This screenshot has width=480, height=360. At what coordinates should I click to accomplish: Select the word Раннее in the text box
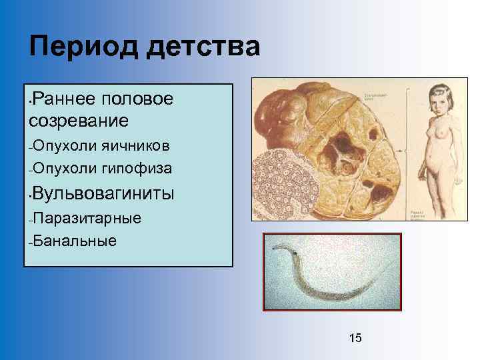point(65,99)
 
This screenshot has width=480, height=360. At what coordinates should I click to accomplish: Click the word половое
point(138,99)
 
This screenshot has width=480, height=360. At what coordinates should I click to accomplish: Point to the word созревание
point(78,121)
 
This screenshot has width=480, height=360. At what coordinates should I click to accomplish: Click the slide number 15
point(355,338)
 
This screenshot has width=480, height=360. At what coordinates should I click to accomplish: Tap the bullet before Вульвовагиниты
point(26,195)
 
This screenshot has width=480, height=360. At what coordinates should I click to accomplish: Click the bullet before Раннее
point(26,101)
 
